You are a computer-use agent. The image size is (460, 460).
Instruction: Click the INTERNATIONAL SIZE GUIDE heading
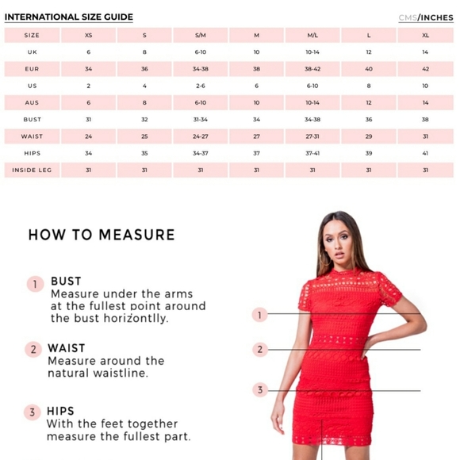click(69, 17)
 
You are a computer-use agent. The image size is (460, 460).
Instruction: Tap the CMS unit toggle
click(408, 17)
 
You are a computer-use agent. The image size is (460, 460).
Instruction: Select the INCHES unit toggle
click(437, 17)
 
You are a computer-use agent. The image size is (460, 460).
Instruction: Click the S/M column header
click(201, 35)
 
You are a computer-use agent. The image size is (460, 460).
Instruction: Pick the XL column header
click(425, 35)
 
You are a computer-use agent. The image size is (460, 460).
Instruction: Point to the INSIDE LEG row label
click(32, 171)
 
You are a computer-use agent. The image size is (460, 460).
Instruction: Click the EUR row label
click(32, 69)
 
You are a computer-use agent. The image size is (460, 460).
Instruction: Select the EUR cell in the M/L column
click(312, 69)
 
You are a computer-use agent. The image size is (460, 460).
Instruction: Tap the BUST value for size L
click(369, 120)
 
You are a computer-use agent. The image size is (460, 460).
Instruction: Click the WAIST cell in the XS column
click(88, 136)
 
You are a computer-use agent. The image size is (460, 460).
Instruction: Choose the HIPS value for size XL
click(425, 153)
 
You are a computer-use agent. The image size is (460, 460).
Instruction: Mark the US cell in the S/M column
click(201, 86)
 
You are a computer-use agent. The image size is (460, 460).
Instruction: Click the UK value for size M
click(256, 52)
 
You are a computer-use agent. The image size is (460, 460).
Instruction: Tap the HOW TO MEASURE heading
click(102, 235)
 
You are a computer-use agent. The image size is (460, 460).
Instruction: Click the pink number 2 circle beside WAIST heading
click(33, 350)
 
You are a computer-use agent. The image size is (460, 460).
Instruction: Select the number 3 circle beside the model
click(260, 390)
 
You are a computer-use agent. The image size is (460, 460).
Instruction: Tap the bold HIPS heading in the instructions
click(60, 411)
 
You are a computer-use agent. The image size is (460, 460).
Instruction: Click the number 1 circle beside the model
click(259, 315)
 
